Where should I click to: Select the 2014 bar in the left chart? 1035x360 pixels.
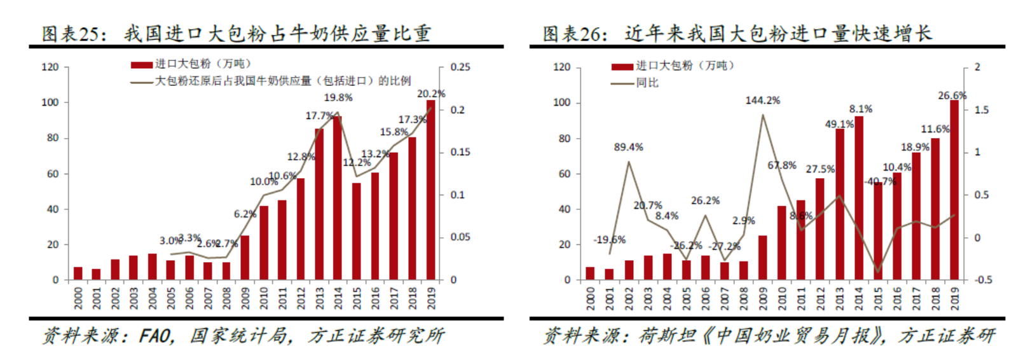coord(338,198)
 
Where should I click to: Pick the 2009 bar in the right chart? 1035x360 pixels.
coord(762,258)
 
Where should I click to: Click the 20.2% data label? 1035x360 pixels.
coord(431,93)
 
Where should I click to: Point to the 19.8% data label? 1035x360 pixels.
coord(338,97)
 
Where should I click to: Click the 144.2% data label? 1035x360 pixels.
coord(762,100)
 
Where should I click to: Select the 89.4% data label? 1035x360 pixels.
coord(628,147)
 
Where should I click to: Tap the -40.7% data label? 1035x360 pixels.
coord(880,181)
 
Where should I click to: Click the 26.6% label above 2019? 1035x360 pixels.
coord(952,95)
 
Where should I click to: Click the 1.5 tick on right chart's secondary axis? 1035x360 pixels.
coord(982,110)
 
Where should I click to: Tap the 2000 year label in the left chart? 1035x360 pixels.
coord(78,298)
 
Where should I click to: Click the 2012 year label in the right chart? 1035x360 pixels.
coord(820,298)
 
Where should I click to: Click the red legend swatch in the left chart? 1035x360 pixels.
coord(142,65)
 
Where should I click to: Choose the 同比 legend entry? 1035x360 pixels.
coord(647,83)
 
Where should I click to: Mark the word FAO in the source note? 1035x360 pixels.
coord(156,335)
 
